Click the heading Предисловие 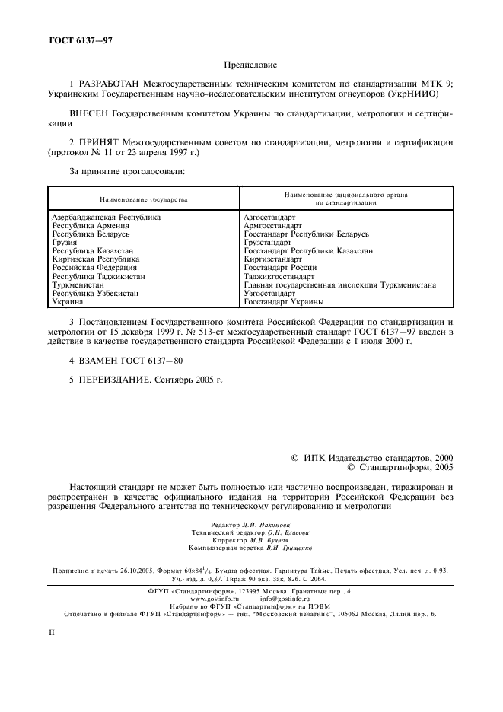251,67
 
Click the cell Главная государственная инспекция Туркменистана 339,285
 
